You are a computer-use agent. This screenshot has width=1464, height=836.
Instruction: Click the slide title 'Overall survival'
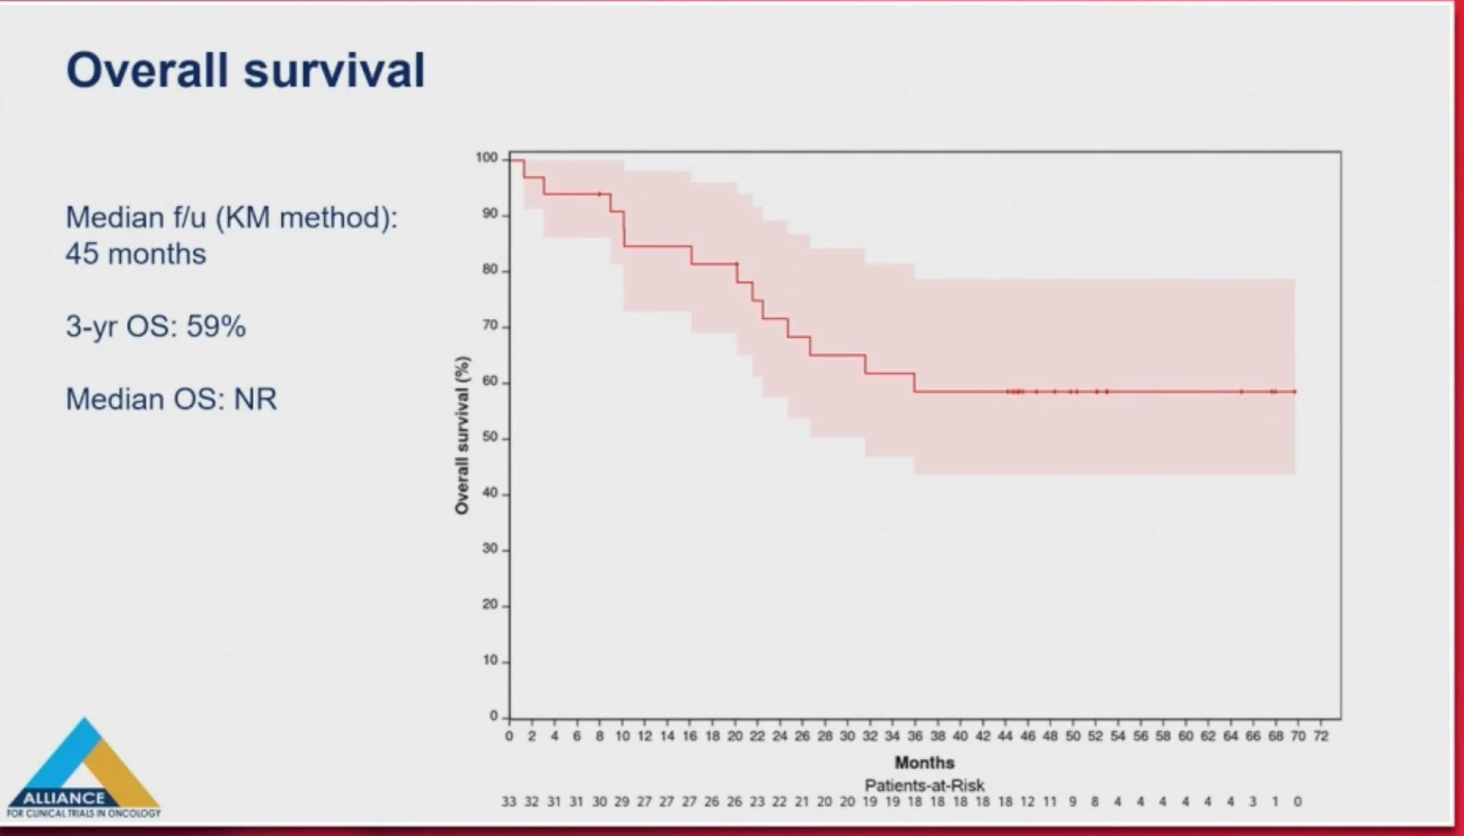pyautogui.click(x=245, y=70)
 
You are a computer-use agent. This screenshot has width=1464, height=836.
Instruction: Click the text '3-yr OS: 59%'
pyautogui.click(x=155, y=327)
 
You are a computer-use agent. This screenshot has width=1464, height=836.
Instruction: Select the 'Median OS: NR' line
pyautogui.click(x=171, y=400)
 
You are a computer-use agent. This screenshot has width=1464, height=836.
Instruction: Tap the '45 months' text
pyautogui.click(x=135, y=254)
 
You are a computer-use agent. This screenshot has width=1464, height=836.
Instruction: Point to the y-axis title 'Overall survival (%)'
pyautogui.click(x=462, y=435)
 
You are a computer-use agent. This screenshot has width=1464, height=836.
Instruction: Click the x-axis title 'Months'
pyautogui.click(x=924, y=762)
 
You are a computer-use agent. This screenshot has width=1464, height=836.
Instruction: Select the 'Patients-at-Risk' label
pyautogui.click(x=924, y=785)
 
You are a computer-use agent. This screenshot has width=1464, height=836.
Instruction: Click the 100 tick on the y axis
pyautogui.click(x=486, y=158)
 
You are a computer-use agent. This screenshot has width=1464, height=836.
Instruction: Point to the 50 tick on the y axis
pyautogui.click(x=489, y=438)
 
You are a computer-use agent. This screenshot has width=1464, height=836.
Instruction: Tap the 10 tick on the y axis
pyautogui.click(x=489, y=660)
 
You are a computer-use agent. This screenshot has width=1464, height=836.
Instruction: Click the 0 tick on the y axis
pyautogui.click(x=493, y=716)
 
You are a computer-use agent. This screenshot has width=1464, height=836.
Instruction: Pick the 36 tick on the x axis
pyautogui.click(x=915, y=737)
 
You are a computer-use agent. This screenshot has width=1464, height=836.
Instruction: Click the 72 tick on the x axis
pyautogui.click(x=1321, y=737)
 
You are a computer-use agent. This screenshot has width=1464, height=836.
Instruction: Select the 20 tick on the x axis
pyautogui.click(x=735, y=737)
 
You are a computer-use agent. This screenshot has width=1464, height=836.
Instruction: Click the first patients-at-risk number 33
pyautogui.click(x=509, y=802)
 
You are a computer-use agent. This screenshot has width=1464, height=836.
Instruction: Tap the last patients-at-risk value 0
pyautogui.click(x=1298, y=802)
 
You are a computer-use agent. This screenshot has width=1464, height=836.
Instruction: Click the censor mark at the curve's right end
pyautogui.click(x=1294, y=392)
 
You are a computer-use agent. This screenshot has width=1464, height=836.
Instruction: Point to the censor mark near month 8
pyautogui.click(x=598, y=194)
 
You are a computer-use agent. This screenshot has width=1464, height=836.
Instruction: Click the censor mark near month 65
pyautogui.click(x=1241, y=392)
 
